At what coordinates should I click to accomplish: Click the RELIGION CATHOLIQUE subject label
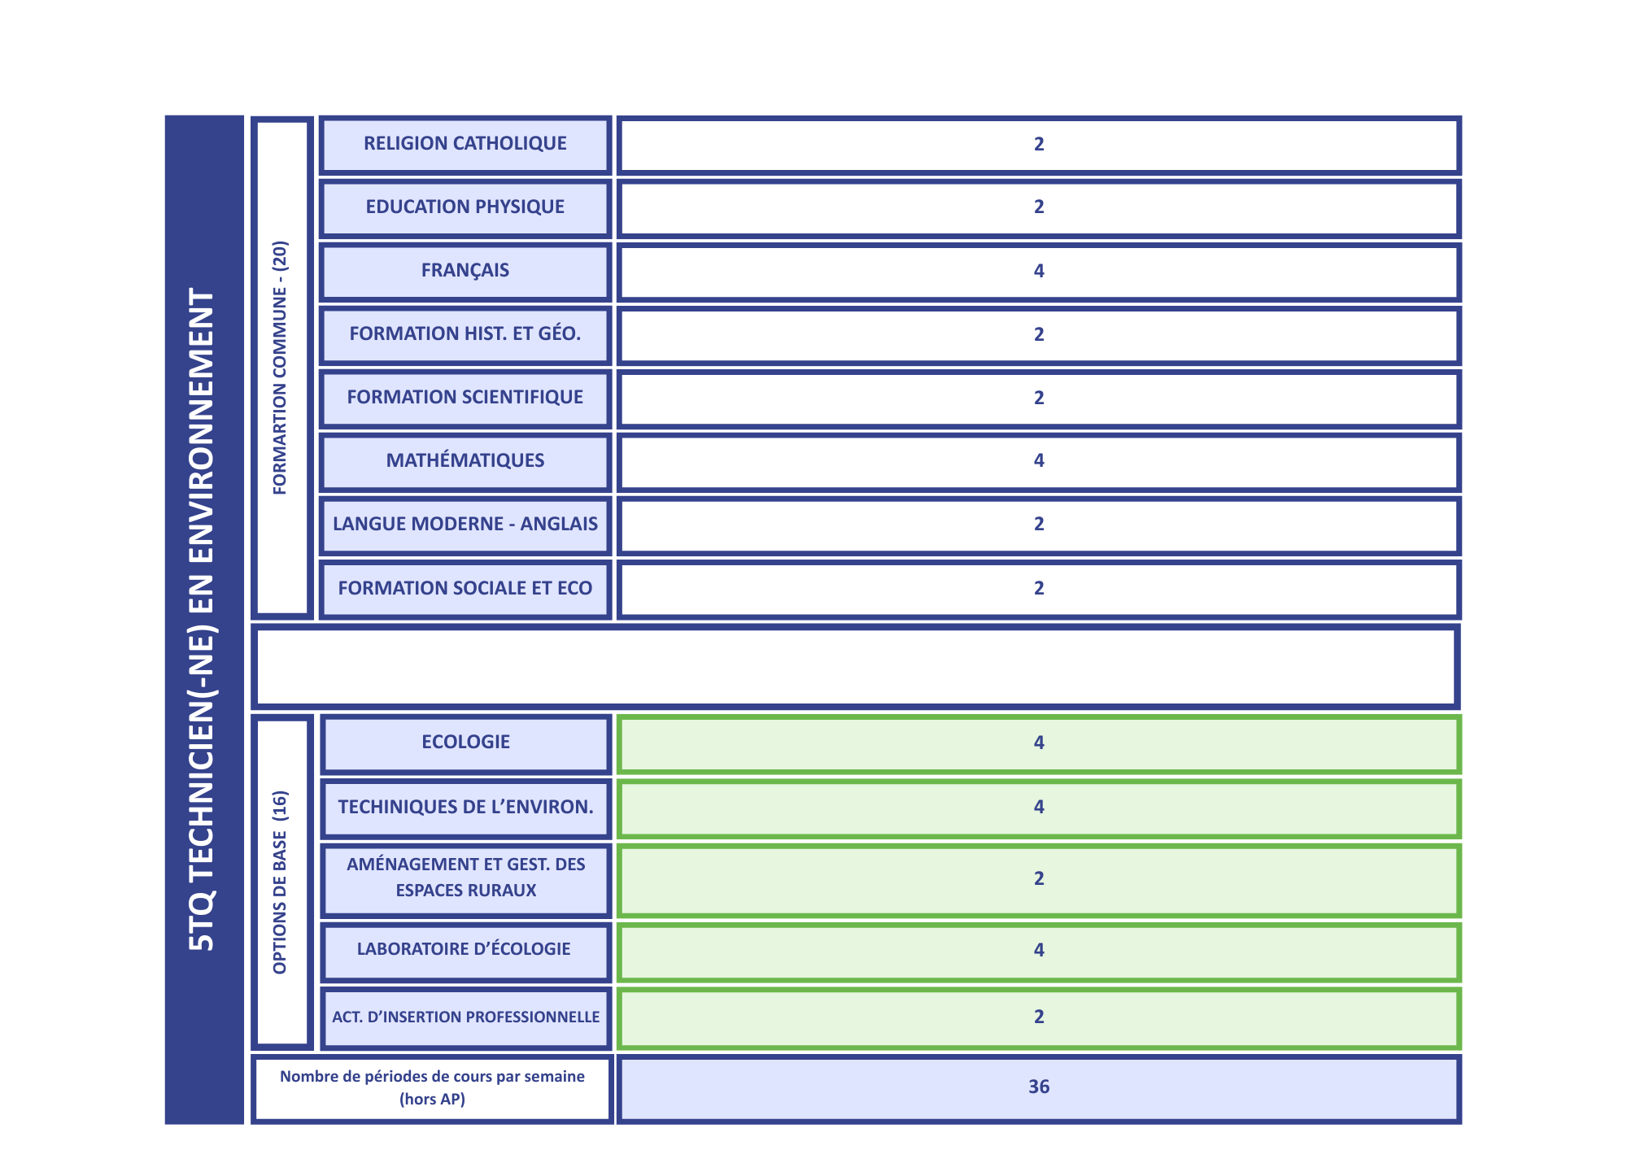pos(465,144)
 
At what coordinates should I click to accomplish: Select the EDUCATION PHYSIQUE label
pos(465,207)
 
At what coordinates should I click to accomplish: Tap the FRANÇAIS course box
pos(465,271)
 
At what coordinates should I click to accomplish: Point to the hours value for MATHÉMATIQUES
pos(1038,461)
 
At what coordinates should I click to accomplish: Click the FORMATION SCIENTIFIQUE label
pos(465,398)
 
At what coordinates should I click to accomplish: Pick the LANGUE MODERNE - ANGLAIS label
pos(465,525)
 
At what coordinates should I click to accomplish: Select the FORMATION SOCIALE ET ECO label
pos(465,589)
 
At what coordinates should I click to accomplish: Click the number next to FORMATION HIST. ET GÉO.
pos(1038,334)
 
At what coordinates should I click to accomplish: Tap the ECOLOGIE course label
pos(465,743)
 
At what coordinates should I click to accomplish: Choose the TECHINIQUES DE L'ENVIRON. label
pos(465,808)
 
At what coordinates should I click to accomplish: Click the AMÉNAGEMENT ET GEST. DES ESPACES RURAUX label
pos(465,878)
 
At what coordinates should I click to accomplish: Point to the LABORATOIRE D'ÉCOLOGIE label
pos(464,950)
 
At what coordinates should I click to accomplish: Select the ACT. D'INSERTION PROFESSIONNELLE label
pos(465,1017)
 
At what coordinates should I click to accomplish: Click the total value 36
pos(1038,1087)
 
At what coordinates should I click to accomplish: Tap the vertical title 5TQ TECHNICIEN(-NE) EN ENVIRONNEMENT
pos(203,620)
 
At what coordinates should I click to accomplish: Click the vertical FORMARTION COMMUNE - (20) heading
pos(281,368)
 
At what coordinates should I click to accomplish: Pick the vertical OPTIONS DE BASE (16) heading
pos(281,882)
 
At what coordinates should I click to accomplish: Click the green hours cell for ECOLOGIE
pos(1038,743)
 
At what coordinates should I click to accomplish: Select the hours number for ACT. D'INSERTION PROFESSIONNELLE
pos(1038,1017)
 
